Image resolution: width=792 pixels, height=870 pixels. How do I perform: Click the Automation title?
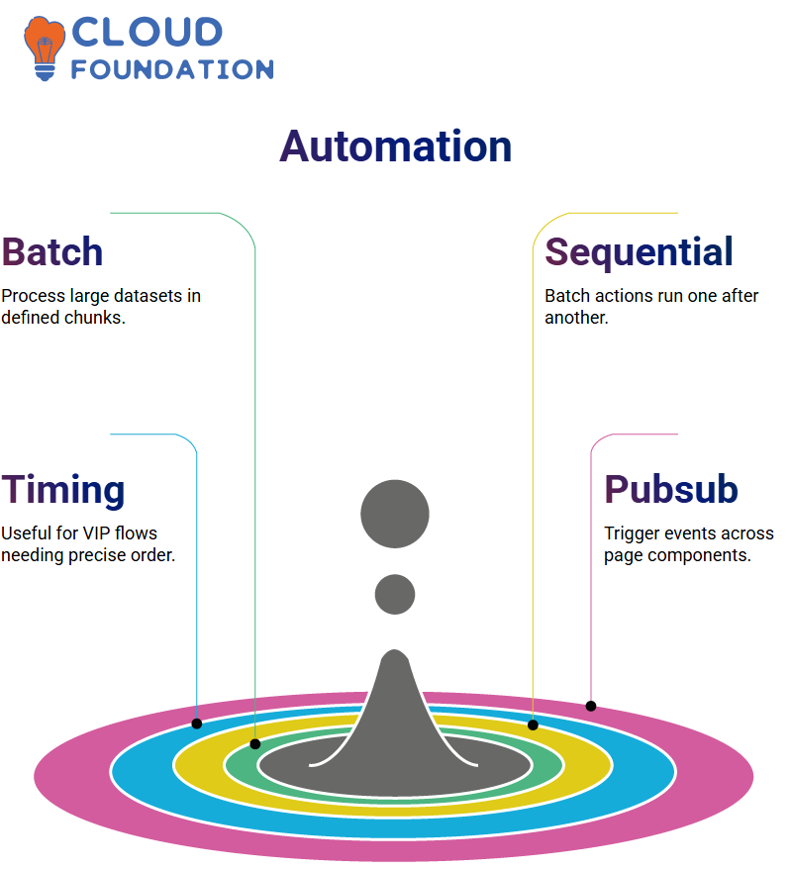395,146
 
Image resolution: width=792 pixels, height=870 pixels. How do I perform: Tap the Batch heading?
52,252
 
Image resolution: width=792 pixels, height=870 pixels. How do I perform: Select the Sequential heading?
639,253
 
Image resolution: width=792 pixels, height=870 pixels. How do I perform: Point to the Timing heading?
62,491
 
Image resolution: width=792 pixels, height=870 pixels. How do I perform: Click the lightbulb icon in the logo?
45,48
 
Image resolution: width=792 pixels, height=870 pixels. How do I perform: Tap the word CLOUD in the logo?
148,32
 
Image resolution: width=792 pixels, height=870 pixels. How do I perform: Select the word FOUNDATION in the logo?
172,69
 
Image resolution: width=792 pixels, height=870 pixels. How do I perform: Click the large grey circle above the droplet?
395,514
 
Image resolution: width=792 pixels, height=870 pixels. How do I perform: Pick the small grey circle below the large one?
395,594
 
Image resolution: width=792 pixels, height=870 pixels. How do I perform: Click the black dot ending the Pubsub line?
591,706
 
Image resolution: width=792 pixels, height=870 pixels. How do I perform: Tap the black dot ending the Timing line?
196,724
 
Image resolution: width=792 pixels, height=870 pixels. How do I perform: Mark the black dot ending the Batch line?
255,744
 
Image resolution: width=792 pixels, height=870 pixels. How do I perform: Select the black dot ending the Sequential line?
533,725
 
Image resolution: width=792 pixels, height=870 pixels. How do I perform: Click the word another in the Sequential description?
576,318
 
